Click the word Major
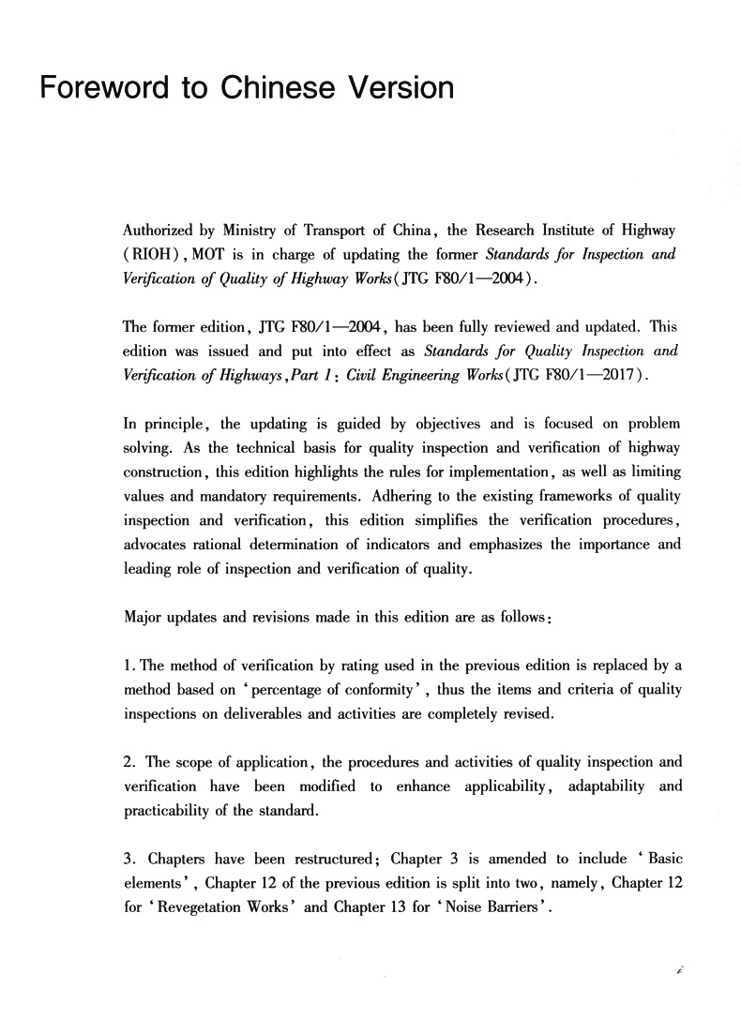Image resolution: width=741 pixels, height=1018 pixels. (145, 618)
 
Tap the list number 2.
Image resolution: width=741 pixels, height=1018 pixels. (128, 762)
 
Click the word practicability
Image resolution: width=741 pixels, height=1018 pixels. (171, 811)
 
